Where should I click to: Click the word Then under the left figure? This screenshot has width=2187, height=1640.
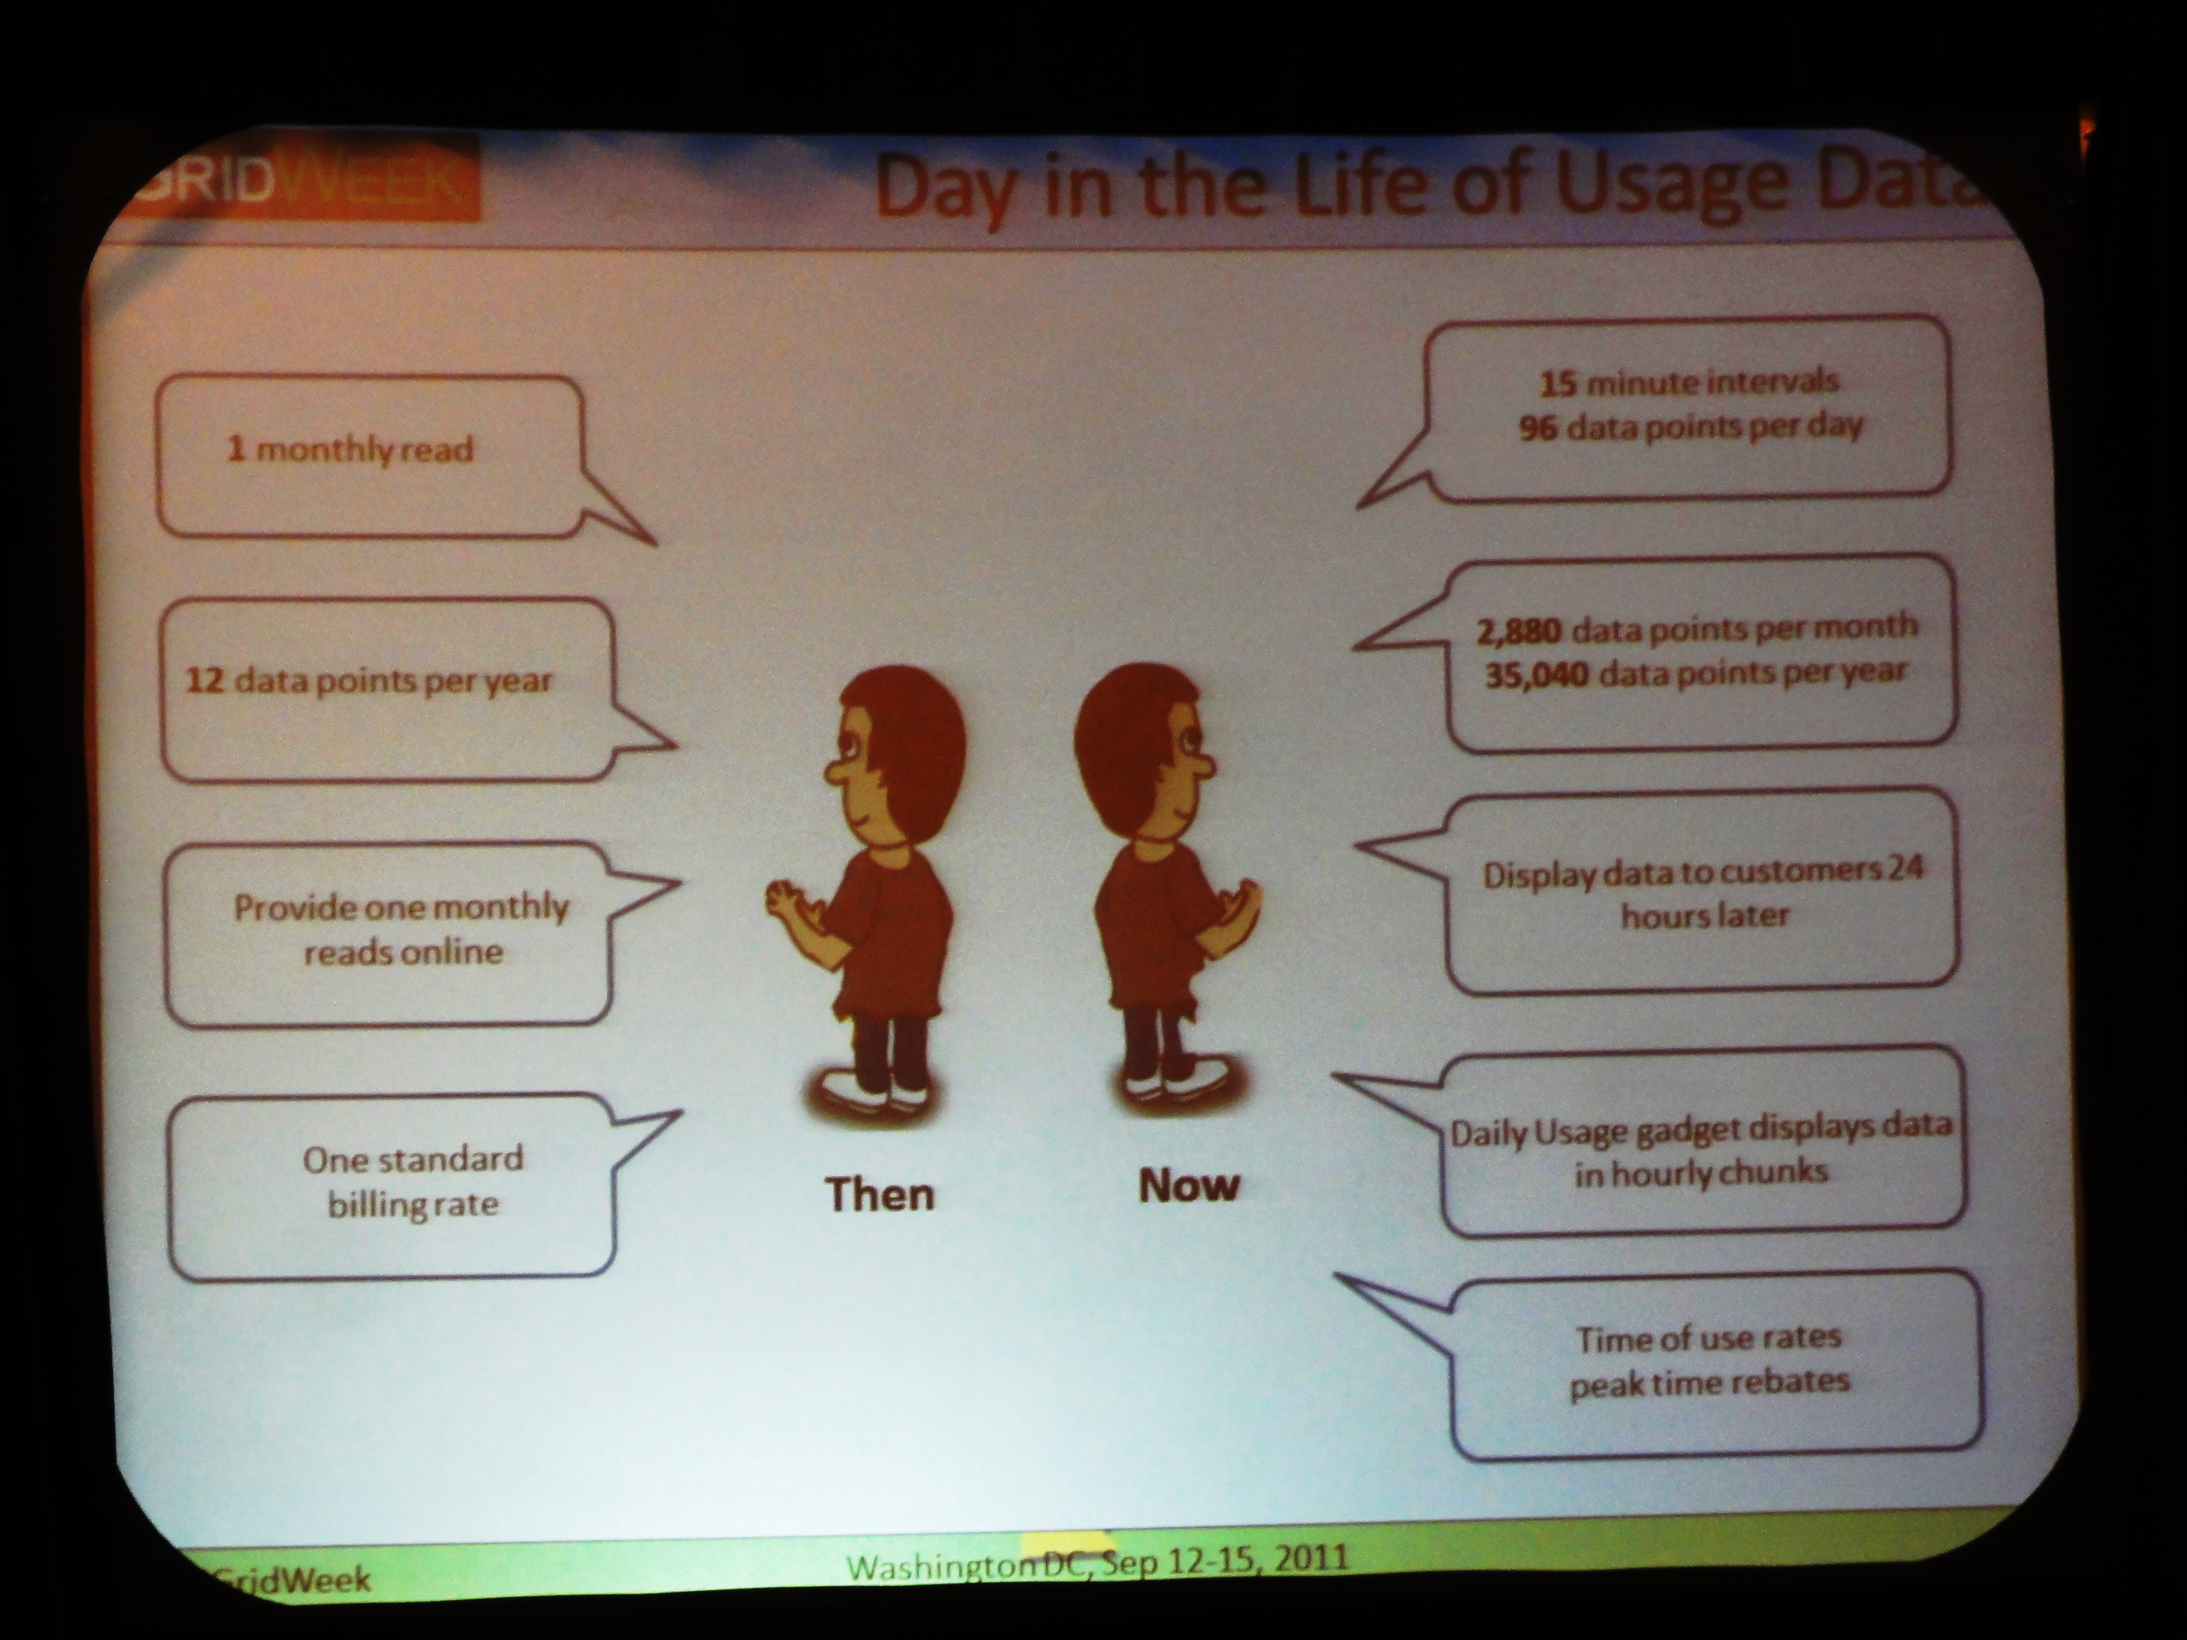tap(880, 1195)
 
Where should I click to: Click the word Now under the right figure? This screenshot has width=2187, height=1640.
tap(1188, 1185)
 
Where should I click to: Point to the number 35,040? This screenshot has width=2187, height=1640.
tap(1536, 675)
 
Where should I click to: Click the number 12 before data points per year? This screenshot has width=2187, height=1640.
tap(205, 680)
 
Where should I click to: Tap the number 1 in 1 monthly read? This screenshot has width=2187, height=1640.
tap(235, 449)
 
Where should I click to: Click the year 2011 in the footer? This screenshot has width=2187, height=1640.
tap(1311, 1559)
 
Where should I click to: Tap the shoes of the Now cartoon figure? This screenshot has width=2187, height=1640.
tap(1176, 1083)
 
